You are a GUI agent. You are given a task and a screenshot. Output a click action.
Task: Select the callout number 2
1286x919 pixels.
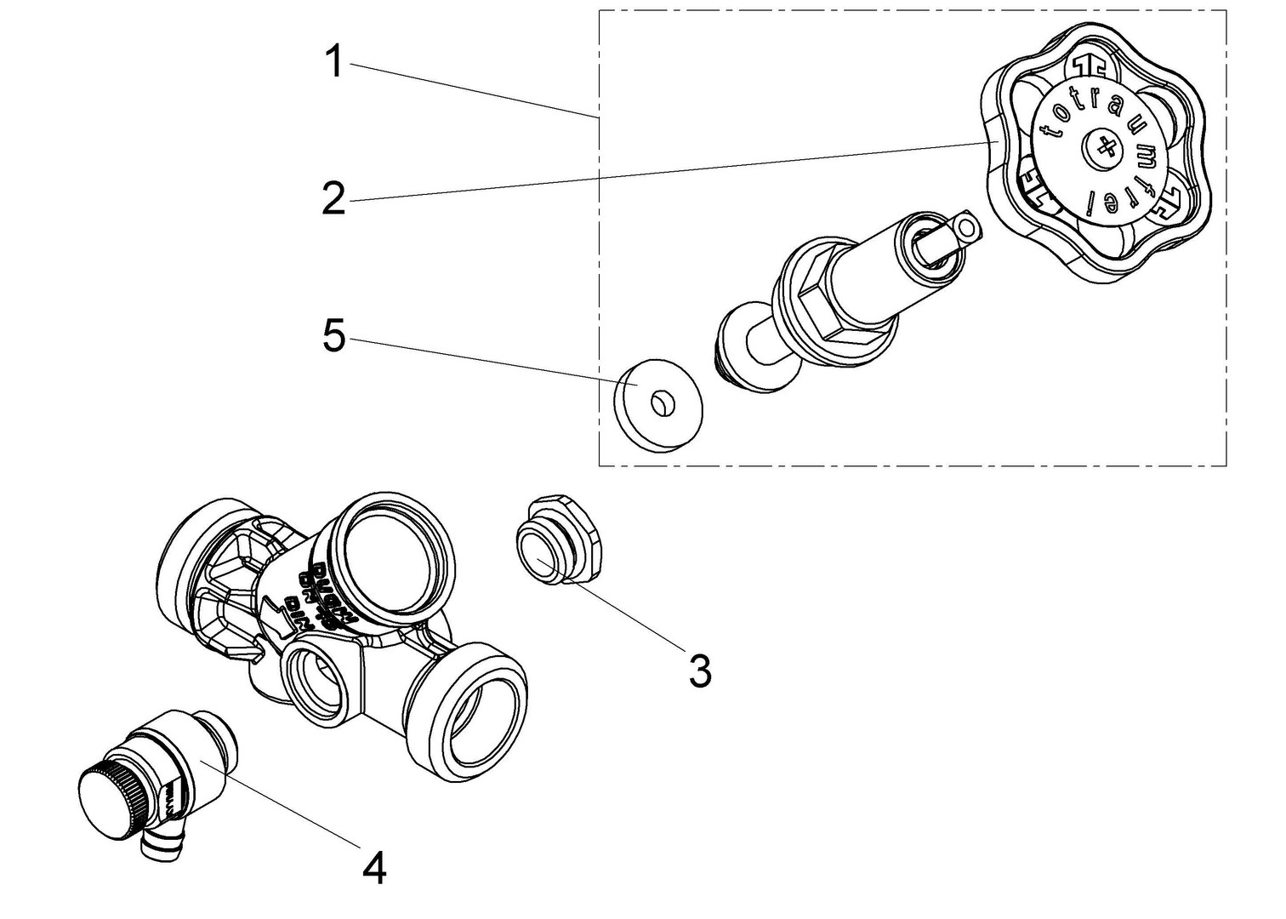point(333,198)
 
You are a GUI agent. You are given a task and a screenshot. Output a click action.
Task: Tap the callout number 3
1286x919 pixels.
point(699,671)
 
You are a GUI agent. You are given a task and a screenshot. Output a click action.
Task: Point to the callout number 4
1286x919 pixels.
point(374,868)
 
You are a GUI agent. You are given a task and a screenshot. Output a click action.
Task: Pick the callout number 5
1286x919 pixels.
point(334,337)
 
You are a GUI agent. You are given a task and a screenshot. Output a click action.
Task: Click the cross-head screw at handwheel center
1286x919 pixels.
point(1103,151)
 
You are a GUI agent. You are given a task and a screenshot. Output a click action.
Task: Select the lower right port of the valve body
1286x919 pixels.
point(481,715)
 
